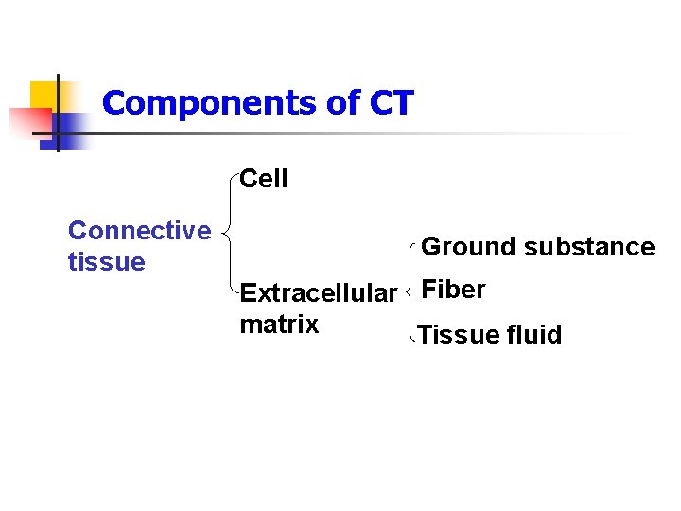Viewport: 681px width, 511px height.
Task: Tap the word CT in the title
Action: coord(392,102)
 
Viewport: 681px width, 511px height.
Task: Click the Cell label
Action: coord(264,179)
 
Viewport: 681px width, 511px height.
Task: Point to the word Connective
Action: coord(140,231)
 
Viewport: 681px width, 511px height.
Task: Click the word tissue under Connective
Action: coord(106,262)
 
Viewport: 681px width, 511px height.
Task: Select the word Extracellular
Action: coord(319,293)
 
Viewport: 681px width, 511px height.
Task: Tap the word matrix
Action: coord(279,325)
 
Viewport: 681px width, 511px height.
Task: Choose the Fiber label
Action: coord(453,290)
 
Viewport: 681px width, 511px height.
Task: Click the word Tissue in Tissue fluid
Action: coord(455,335)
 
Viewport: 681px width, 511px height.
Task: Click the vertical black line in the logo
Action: coord(58,112)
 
